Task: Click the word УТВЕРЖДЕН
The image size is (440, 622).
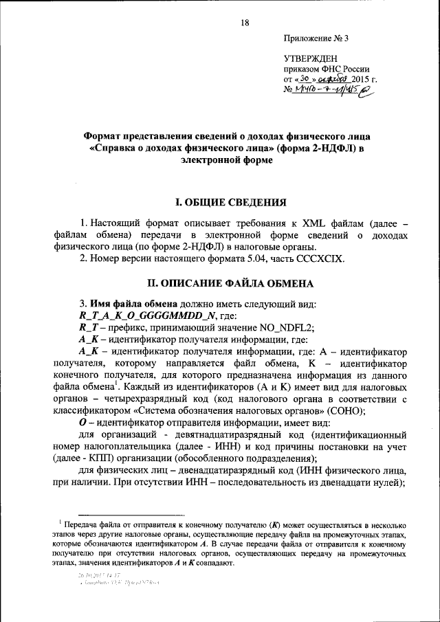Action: tap(311, 60)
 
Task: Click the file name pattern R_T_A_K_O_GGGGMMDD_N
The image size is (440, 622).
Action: tap(148, 315)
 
